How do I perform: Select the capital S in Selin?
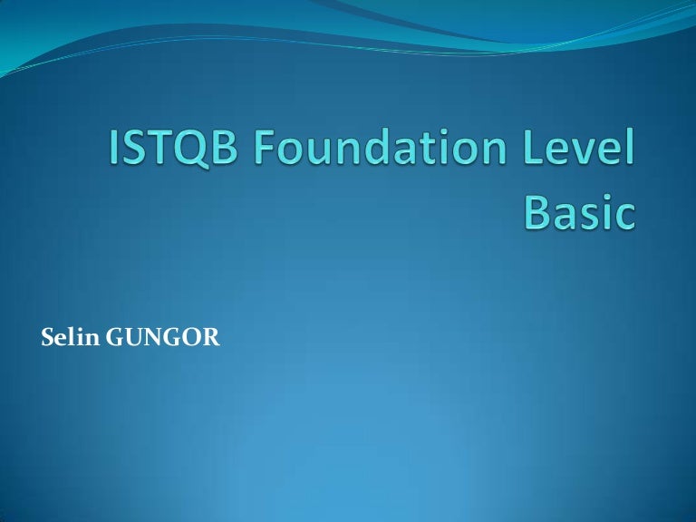tap(49, 341)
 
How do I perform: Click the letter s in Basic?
tap(593, 216)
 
